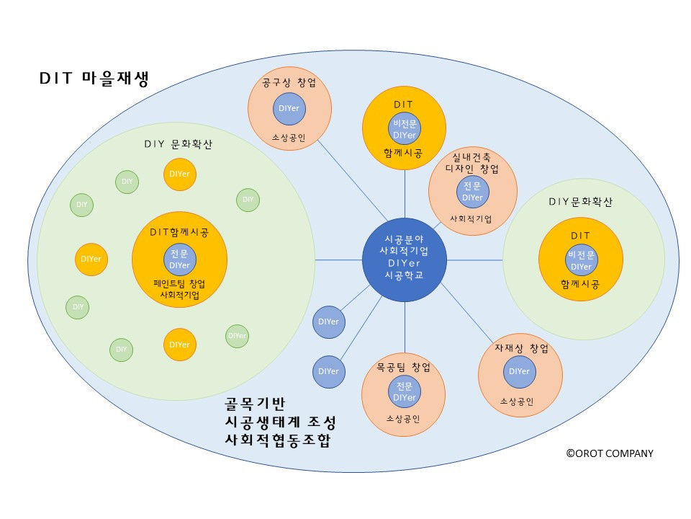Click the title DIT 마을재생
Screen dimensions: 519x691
pos(94,79)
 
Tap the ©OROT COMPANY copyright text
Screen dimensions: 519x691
pos(609,453)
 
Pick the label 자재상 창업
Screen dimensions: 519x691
pos(521,349)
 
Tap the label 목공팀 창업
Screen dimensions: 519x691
pos(404,368)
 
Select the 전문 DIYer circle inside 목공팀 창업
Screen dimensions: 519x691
pos(405,391)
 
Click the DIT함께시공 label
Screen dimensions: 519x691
pos(179,232)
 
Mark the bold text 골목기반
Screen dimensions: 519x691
pos(256,403)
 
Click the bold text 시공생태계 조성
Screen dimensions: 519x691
pos(280,422)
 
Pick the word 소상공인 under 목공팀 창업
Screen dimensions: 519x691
pos(403,418)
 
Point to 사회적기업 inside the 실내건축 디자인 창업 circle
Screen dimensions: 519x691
pos(471,218)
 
